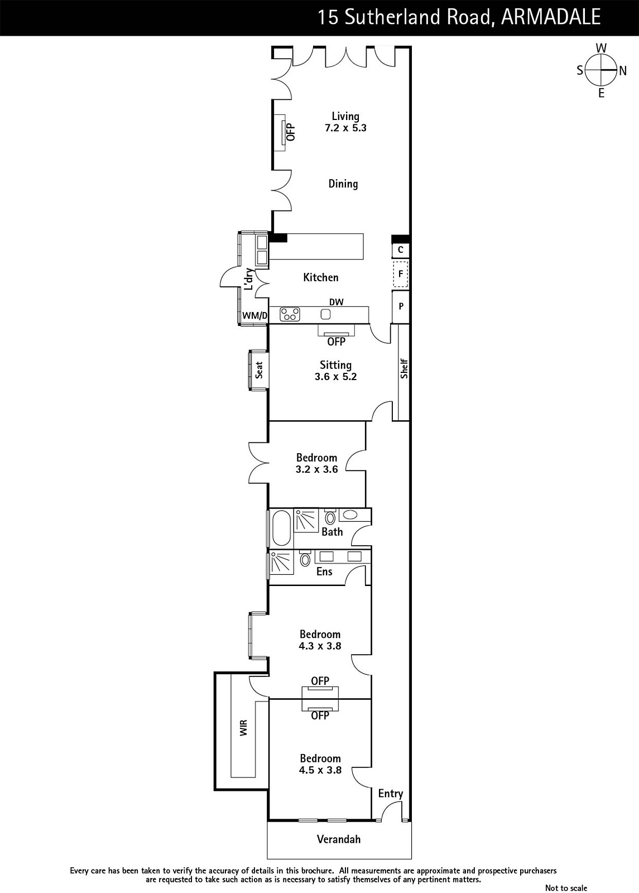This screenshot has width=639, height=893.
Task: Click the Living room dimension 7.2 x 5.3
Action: (x=345, y=128)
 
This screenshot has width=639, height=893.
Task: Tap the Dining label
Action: (x=343, y=184)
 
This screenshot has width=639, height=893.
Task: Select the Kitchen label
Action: (x=321, y=277)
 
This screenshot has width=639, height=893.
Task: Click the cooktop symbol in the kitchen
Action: (x=290, y=314)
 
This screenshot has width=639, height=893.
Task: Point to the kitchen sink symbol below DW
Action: (x=326, y=314)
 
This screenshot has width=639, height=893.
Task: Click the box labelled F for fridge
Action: (x=401, y=274)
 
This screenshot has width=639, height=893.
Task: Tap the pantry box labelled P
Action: (x=401, y=306)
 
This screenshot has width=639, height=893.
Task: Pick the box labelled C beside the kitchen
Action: (x=401, y=250)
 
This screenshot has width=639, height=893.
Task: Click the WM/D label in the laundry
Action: (x=254, y=316)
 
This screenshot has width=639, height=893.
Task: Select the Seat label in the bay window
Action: (x=259, y=370)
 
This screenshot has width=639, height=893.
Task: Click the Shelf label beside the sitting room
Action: (x=404, y=369)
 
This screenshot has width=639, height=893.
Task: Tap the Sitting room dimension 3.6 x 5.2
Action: (x=335, y=377)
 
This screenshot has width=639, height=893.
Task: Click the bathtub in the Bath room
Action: (x=281, y=528)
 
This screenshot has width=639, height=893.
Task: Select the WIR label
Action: (x=243, y=728)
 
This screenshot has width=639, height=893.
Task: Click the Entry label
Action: (x=391, y=794)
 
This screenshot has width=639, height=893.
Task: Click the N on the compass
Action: (x=623, y=71)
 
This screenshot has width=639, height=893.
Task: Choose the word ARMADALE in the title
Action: (x=551, y=17)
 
